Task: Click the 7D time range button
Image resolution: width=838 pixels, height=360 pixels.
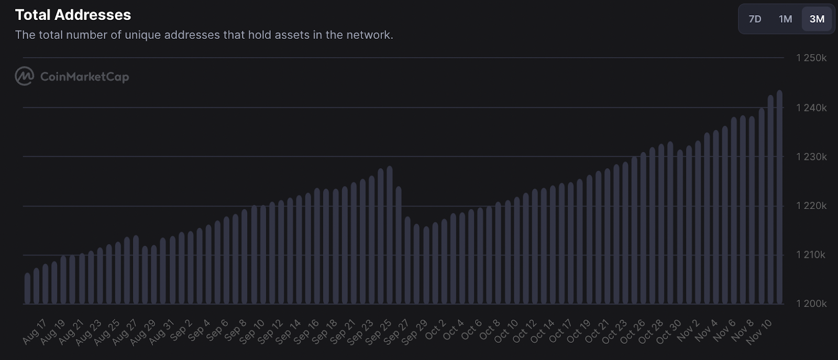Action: tap(755, 19)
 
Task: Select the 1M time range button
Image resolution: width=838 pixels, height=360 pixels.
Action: tap(785, 19)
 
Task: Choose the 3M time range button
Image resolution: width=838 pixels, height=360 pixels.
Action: tap(817, 19)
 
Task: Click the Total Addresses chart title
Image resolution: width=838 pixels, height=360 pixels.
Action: tap(73, 15)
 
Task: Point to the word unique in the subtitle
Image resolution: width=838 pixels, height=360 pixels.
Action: tap(142, 35)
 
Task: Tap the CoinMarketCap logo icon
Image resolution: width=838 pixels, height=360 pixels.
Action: tap(24, 77)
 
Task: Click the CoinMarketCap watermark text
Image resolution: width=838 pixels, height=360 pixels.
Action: tap(84, 77)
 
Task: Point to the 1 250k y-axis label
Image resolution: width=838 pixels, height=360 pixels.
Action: tap(811, 58)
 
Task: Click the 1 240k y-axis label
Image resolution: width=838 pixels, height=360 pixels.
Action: tap(811, 108)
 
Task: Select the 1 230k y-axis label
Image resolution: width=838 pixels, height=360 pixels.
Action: tap(811, 157)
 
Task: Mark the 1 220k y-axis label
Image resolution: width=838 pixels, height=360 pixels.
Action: tap(811, 206)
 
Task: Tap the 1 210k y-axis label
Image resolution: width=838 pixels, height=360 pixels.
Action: tap(811, 255)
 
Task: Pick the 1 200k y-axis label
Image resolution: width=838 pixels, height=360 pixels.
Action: tap(811, 304)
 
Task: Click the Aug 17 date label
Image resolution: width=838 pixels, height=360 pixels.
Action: tap(35, 332)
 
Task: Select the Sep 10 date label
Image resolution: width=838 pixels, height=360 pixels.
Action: tap(252, 332)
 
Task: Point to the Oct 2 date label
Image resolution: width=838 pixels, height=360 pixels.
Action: tap(435, 330)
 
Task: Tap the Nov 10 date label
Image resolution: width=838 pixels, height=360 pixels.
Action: tap(758, 332)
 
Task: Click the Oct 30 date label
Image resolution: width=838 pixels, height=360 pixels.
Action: tap(669, 332)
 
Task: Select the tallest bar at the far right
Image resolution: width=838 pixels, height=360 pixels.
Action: tap(779, 197)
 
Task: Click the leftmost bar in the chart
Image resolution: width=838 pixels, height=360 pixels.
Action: tap(27, 289)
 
